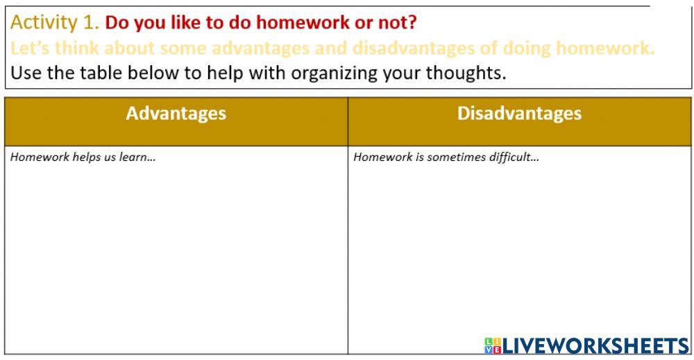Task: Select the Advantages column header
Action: (x=176, y=114)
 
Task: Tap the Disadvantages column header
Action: (x=519, y=114)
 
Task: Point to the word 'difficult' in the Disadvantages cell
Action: (x=514, y=157)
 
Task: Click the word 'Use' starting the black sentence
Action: (x=26, y=73)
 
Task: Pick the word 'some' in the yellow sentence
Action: (x=182, y=49)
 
